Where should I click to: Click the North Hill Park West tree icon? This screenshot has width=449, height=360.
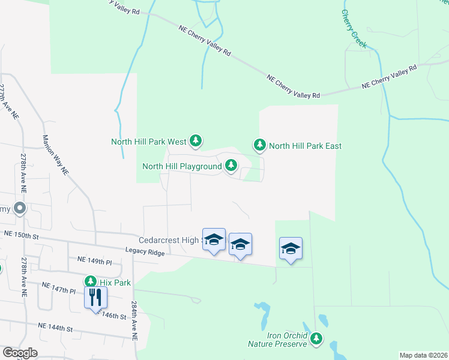195,141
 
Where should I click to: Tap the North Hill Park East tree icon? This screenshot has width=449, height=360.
259,145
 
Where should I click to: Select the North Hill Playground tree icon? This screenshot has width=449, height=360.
231,166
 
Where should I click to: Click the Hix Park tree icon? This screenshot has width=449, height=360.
91,281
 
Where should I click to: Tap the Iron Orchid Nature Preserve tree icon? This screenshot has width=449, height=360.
316,340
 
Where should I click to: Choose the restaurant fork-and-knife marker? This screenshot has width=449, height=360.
96,296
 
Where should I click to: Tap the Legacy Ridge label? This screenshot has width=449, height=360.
145,254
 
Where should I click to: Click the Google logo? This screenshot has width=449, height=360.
20,352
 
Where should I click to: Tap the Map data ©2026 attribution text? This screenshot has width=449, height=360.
423,355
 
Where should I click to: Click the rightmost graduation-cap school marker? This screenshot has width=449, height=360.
291,248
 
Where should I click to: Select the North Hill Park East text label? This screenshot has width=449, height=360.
305,146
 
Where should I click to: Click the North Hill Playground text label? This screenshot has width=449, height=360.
182,166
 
